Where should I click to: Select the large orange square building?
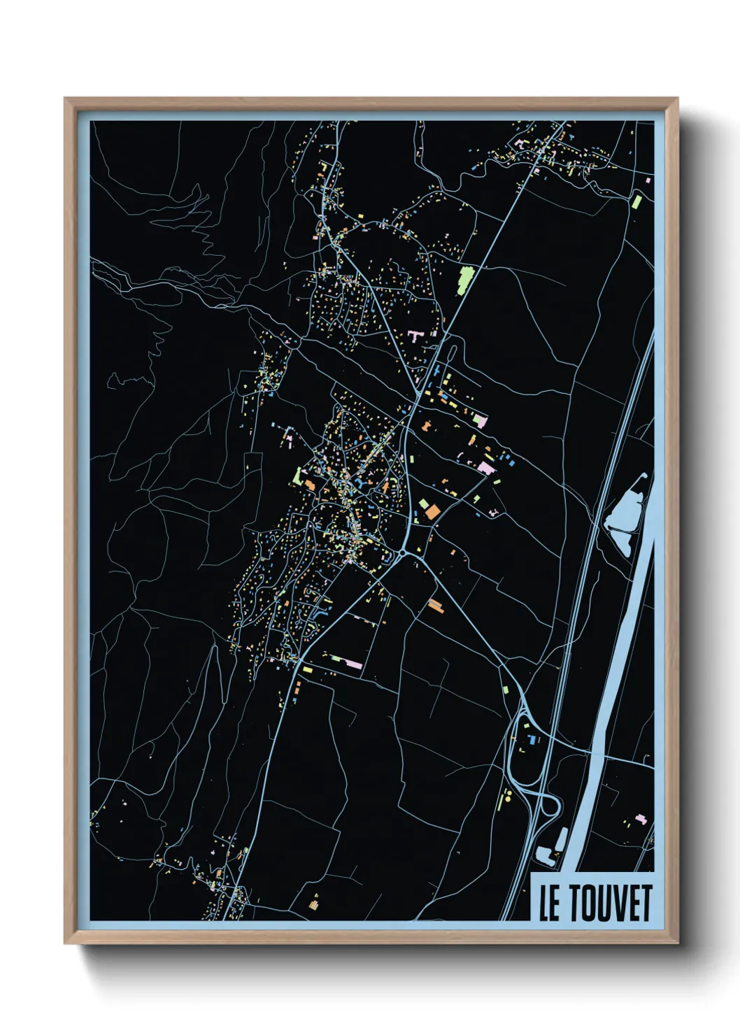click(432, 511)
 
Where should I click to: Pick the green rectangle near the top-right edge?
click(636, 201)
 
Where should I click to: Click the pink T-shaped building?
click(415, 336)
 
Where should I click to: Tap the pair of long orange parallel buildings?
click(435, 604)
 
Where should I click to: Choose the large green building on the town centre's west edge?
click(298, 476)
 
